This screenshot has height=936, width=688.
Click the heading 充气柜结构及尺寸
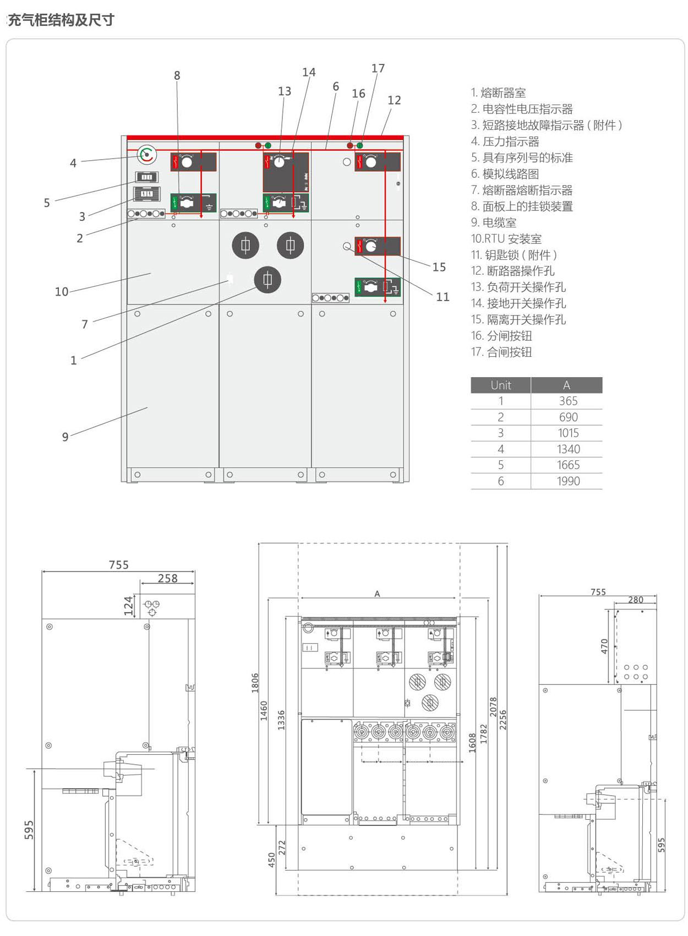61,20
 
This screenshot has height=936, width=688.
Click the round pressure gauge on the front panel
146,155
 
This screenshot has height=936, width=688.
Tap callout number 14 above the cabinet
309,72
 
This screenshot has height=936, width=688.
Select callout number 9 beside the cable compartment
65,437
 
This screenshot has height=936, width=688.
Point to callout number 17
378,68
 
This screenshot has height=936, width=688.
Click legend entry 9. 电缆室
494,222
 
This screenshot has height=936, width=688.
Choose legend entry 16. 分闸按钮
501,336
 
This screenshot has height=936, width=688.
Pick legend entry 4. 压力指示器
505,142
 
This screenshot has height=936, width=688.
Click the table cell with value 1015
568,433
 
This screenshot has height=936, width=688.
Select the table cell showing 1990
568,481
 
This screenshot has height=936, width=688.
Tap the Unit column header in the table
501,385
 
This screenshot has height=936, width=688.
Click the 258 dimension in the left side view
167,578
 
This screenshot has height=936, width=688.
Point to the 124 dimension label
128,605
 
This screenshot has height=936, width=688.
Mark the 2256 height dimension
503,720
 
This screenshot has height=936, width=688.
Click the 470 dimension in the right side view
604,646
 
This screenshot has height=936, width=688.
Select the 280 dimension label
635,600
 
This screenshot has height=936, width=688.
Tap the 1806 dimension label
255,683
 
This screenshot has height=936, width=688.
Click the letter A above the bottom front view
377,594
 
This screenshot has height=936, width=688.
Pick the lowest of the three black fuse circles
267,280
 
